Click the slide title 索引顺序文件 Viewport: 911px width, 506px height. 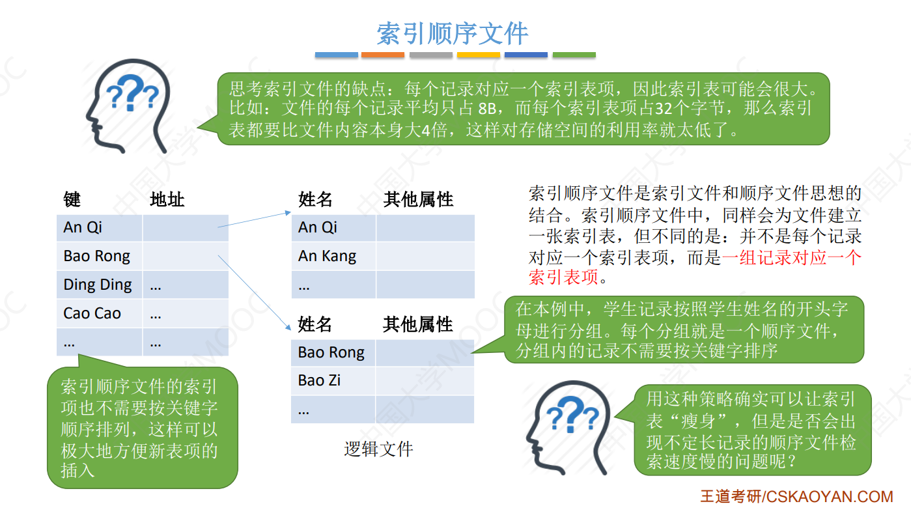click(x=452, y=33)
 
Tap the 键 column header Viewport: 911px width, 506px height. click(x=72, y=199)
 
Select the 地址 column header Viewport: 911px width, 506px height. click(x=167, y=199)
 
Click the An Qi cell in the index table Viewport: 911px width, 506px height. click(x=83, y=227)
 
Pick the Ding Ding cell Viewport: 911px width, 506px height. click(x=98, y=285)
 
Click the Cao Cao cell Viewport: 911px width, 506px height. click(x=92, y=313)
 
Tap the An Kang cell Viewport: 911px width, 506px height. click(x=327, y=256)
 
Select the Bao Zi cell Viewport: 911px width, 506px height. click(x=319, y=380)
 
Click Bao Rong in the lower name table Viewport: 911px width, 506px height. click(x=331, y=352)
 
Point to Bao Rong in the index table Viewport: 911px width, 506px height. click(x=97, y=256)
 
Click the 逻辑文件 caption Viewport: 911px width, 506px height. click(x=378, y=449)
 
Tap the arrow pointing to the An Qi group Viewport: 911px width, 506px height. click(x=254, y=219)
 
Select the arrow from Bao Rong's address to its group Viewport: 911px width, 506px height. click(x=254, y=294)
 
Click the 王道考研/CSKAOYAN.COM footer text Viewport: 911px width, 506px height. click(x=796, y=496)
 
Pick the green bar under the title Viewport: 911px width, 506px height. click(x=574, y=55)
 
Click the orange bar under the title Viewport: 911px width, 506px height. click(x=383, y=55)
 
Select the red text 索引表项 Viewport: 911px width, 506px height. click(x=563, y=278)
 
